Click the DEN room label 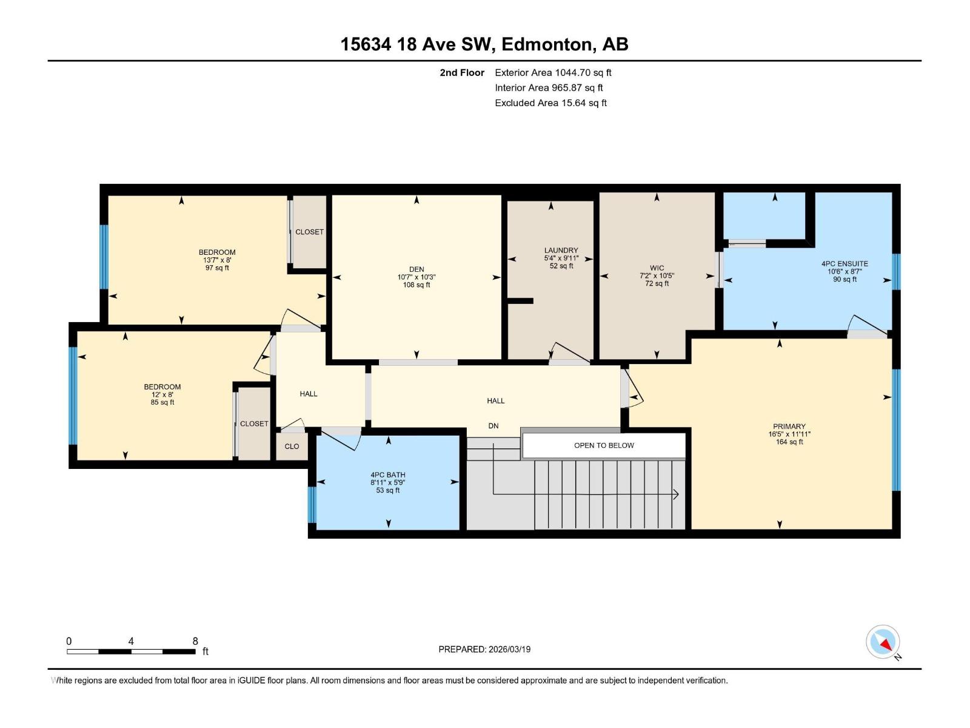point(416,269)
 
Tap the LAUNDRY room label point(561,250)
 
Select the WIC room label point(657,268)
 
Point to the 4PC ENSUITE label point(845,264)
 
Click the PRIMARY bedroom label point(789,426)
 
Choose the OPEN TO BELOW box point(604,445)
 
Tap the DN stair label point(493,426)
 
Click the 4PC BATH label point(388,475)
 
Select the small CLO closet point(292,447)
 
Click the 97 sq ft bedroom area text point(217,268)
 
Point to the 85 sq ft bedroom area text point(162,402)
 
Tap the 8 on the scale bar point(195,641)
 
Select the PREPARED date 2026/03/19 point(484,649)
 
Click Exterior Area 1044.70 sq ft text point(553,72)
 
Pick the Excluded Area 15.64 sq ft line point(550,103)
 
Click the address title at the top point(484,44)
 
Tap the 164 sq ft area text point(789,442)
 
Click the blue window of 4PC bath point(312,505)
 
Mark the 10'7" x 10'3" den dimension point(416,277)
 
